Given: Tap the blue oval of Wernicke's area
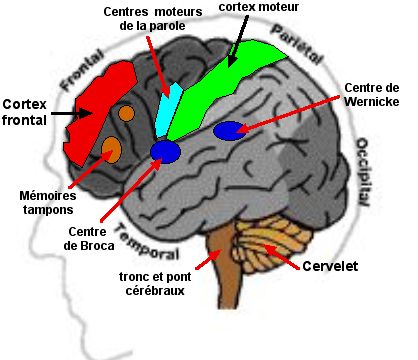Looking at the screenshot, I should tap(229, 130).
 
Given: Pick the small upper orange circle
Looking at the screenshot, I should tap(126, 113).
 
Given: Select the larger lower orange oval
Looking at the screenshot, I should tap(111, 150).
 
